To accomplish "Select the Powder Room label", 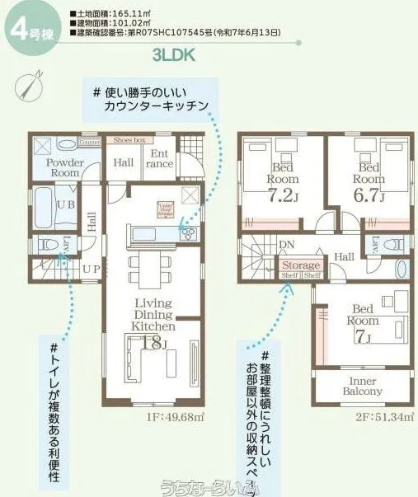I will click(63, 168).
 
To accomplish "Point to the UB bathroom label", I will click(45, 202).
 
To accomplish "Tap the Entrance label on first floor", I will click(160, 159).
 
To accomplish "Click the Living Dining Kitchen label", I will click(153, 315).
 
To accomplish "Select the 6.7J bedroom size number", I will click(368, 195).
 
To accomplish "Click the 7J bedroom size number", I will click(364, 336).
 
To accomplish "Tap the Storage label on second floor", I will click(300, 265).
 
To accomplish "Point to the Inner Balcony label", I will click(363, 387).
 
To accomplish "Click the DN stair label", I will click(287, 245).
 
